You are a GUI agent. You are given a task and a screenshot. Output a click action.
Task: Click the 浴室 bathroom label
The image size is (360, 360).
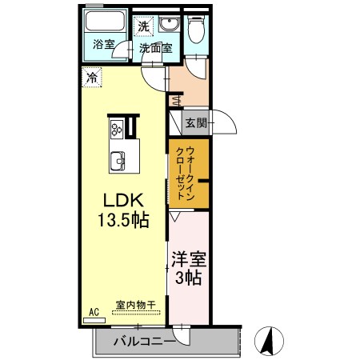pyautogui.click(x=104, y=45)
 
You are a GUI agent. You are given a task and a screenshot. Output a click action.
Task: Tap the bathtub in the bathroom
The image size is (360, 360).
pyautogui.click(x=105, y=21)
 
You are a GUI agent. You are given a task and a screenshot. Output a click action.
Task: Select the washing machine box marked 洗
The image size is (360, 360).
pyautogui.click(x=143, y=26)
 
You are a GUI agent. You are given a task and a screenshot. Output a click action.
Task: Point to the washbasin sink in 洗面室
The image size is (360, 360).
pyautogui.click(x=169, y=25)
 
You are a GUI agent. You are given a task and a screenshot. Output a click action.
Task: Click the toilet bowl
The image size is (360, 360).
pyautogui.click(x=196, y=30)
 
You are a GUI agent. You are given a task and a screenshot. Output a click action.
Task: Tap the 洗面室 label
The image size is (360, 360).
pyautogui.click(x=156, y=49)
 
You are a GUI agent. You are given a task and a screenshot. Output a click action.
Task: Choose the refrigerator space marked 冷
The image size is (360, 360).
pyautogui.click(x=92, y=78)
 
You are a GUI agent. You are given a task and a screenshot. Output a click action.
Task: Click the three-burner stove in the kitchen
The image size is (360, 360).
pyautogui.click(x=117, y=128)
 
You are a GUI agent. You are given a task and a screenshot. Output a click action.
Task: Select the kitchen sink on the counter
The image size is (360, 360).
pyautogui.click(x=118, y=161)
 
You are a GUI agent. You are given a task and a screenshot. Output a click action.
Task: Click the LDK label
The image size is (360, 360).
pyautogui.click(x=123, y=201)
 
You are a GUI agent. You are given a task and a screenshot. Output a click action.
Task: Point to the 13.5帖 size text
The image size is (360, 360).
pyautogui.click(x=123, y=220)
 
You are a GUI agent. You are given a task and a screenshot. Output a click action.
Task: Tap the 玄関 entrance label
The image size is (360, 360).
pyautogui.click(x=196, y=123)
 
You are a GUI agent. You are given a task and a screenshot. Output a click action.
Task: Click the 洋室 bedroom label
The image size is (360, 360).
pyautogui.click(x=189, y=259)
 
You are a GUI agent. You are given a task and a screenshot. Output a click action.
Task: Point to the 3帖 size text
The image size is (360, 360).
pyautogui.click(x=188, y=278)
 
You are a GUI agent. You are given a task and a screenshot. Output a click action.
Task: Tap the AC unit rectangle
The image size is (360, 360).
pyautogui.click(x=94, y=321)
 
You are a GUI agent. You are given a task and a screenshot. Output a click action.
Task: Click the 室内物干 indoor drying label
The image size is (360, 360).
pyautogui.click(x=136, y=305)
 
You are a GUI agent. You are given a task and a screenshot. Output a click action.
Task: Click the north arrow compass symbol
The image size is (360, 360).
pyautogui.click(x=269, y=341)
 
